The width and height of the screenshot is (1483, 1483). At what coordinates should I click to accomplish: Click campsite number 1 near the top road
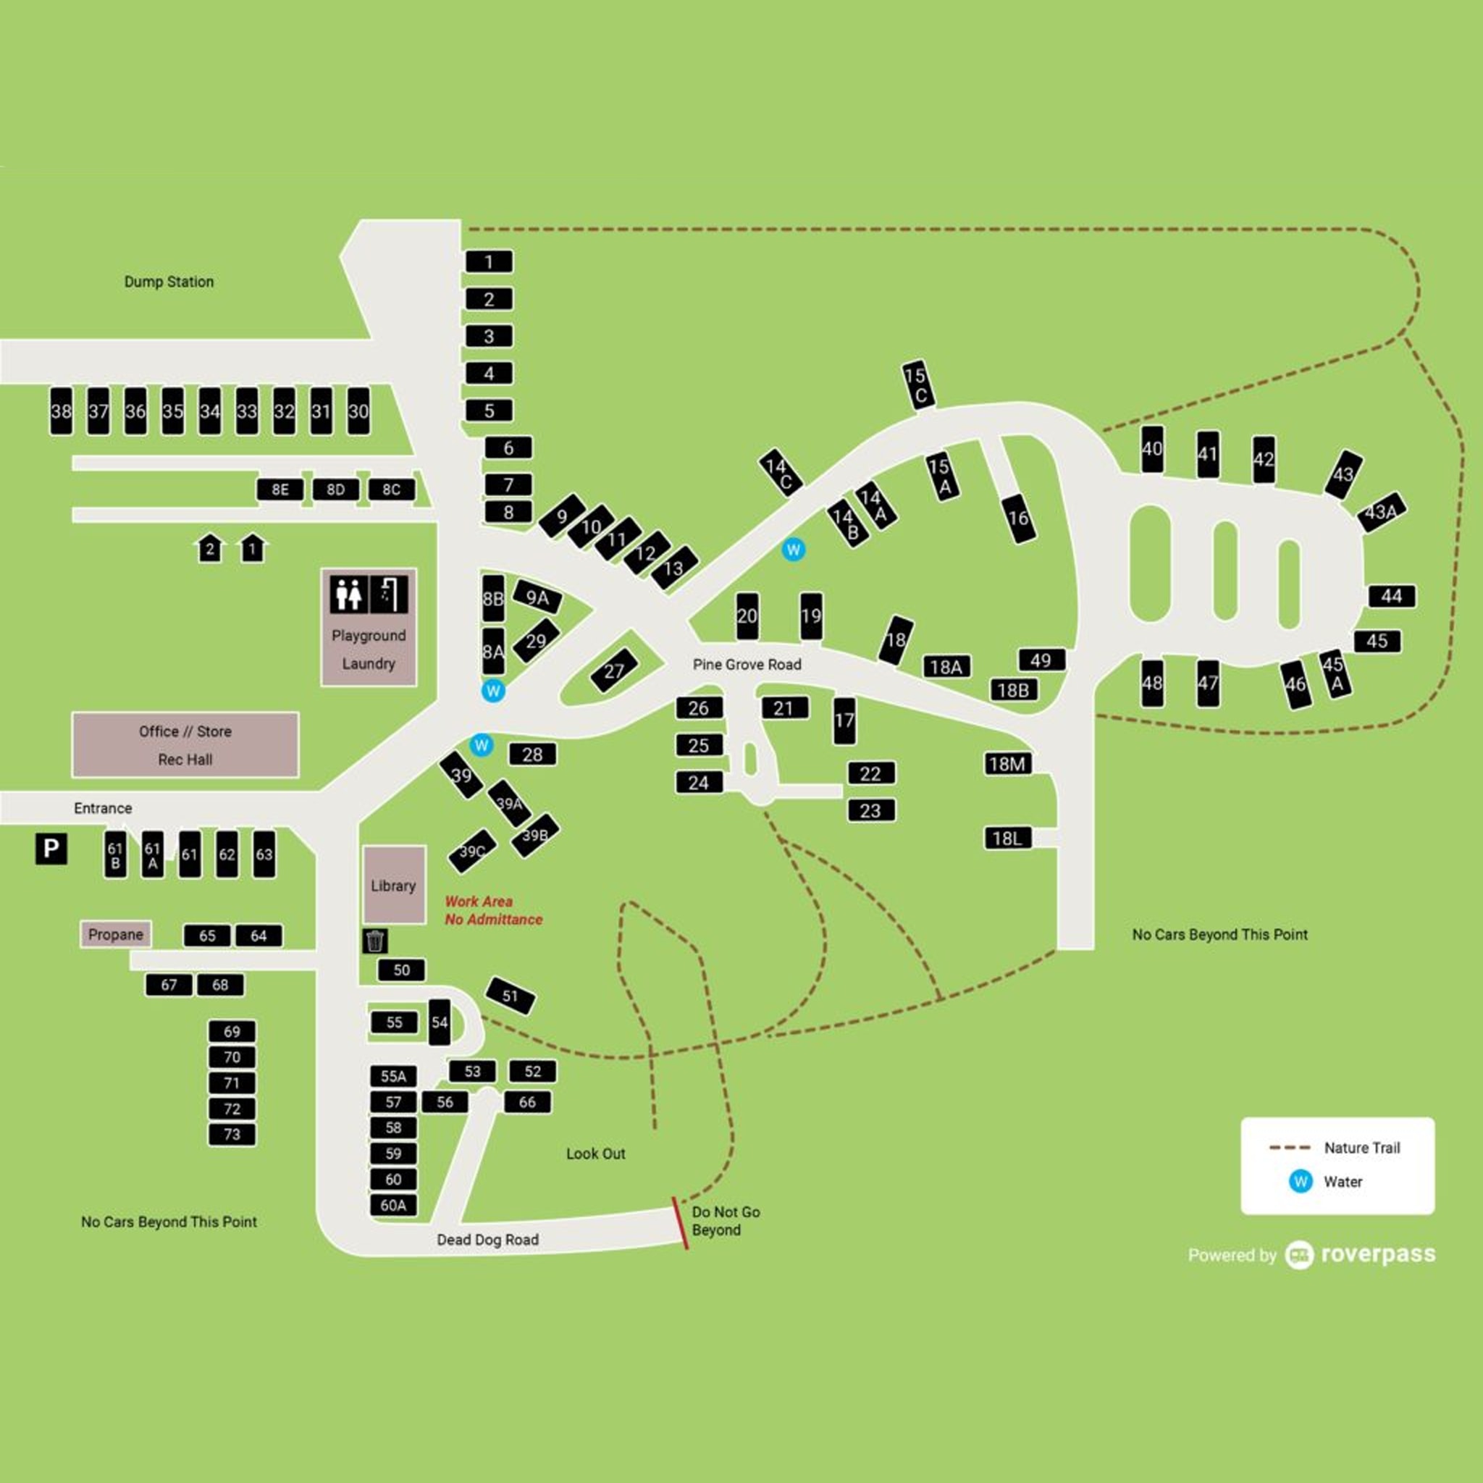pyautogui.click(x=489, y=261)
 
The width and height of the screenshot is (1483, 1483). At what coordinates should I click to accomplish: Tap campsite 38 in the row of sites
pyautogui.click(x=62, y=411)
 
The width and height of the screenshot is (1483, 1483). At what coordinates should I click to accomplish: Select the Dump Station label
pyautogui.click(x=169, y=282)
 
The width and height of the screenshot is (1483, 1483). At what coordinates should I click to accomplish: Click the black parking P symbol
pyautogui.click(x=51, y=848)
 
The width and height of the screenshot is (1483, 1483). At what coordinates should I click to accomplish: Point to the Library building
pyautogui.click(x=394, y=885)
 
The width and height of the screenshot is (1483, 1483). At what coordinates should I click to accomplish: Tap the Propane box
pyautogui.click(x=116, y=934)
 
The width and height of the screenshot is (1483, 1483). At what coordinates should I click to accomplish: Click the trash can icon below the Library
pyautogui.click(x=374, y=941)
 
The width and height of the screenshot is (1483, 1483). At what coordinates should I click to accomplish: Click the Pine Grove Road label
pyautogui.click(x=747, y=665)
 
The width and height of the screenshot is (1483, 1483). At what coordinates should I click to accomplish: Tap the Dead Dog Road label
pyautogui.click(x=487, y=1240)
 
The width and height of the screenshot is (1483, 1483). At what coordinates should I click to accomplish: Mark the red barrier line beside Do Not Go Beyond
pyautogui.click(x=680, y=1223)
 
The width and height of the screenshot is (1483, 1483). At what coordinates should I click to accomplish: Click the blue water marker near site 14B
pyautogui.click(x=793, y=550)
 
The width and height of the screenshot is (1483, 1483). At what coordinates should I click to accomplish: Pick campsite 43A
pyautogui.click(x=1381, y=511)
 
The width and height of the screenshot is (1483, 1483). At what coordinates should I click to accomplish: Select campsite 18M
pyautogui.click(x=1007, y=764)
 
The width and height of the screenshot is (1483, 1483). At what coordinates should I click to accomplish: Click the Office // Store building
pyautogui.click(x=185, y=744)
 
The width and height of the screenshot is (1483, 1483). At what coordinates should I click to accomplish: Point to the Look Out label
pyautogui.click(x=596, y=1154)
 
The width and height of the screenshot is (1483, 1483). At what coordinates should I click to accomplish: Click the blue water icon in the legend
pyautogui.click(x=1301, y=1181)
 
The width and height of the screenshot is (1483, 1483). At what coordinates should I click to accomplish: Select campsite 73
pyautogui.click(x=232, y=1135)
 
